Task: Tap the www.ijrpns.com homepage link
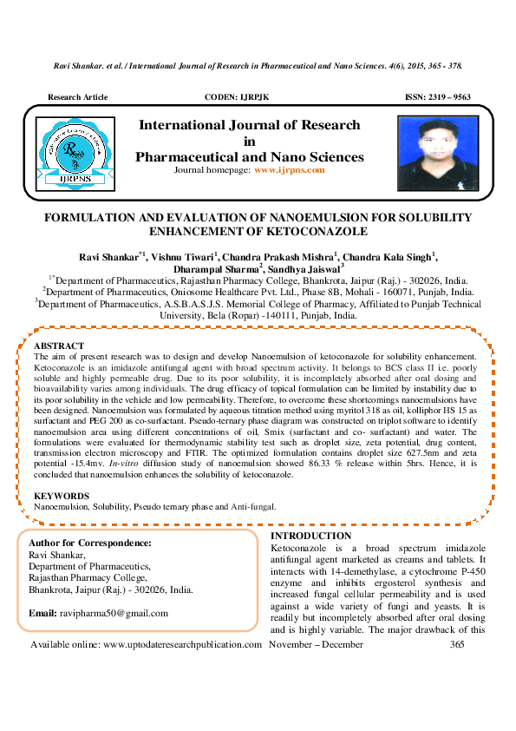(289, 170)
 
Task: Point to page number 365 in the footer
(458, 645)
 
